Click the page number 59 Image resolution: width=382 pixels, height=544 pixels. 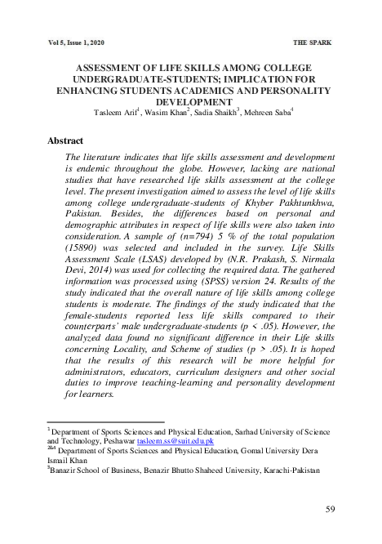click(x=331, y=510)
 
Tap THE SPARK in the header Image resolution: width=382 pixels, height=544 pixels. click(x=312, y=41)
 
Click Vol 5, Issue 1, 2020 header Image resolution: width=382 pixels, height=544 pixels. click(x=77, y=41)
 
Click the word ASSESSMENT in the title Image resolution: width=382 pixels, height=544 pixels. click(x=104, y=69)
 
